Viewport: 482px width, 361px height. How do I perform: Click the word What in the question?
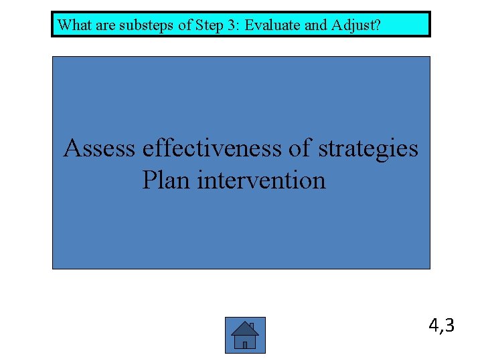(73, 25)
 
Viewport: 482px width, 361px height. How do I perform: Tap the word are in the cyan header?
(101, 25)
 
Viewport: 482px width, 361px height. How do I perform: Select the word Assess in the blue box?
(99, 148)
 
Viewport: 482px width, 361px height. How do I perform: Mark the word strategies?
(368, 148)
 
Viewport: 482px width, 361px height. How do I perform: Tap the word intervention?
(261, 180)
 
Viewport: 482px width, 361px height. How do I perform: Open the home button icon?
(245, 335)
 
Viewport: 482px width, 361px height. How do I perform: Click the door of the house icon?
(245, 345)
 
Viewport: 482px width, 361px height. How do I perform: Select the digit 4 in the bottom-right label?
(434, 326)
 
